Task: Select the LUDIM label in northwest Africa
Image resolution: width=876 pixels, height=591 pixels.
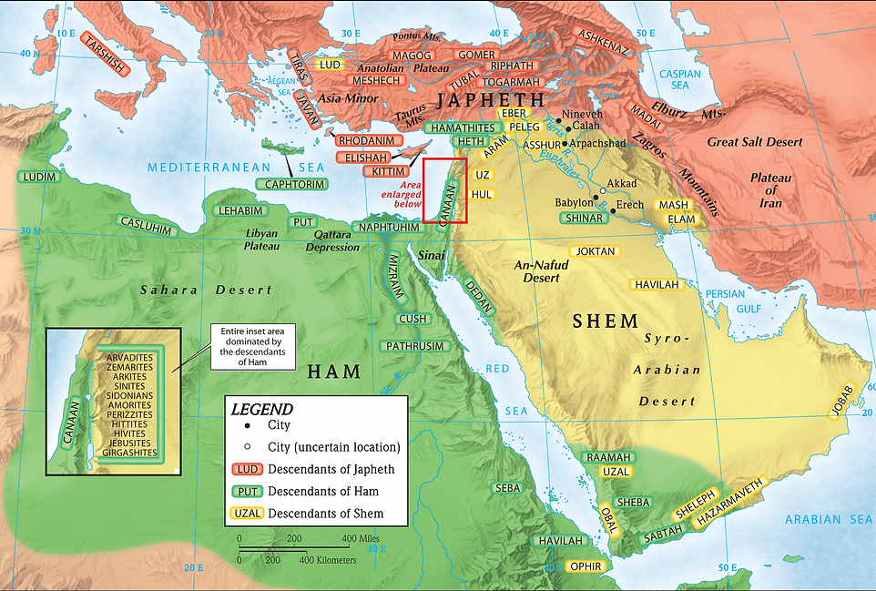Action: tap(37, 177)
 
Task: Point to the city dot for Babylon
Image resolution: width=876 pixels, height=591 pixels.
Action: tap(596, 198)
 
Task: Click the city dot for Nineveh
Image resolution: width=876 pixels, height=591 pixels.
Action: tap(557, 119)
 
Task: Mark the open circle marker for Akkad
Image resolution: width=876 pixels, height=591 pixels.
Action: tap(601, 190)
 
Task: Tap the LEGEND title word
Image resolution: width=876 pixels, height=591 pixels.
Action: tap(262, 410)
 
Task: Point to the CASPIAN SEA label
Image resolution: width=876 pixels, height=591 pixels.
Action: tap(680, 79)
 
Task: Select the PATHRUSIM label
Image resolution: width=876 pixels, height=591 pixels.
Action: tap(414, 347)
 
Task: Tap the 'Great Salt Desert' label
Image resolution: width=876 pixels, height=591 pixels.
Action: tap(755, 142)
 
